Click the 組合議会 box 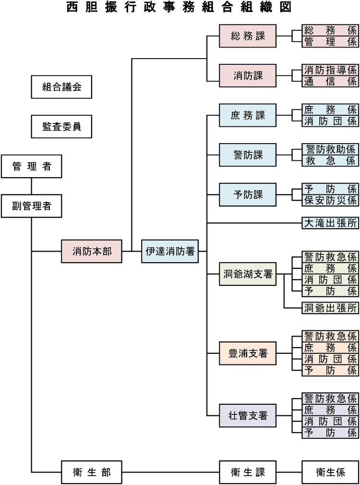[61, 87]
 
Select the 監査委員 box [61, 126]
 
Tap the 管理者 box [31, 167]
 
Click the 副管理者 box [31, 206]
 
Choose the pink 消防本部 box [91, 251]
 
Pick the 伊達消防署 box [170, 251]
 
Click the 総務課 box [248, 36]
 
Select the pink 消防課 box [248, 75]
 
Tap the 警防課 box [248, 155]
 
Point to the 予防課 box [248, 194]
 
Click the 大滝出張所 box [330, 223]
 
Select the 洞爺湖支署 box [248, 274]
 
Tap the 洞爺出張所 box [330, 308]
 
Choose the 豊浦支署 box [248, 353]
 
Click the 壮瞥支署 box [248, 415]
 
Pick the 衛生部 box [91, 472]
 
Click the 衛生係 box [330, 472]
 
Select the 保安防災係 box [330, 200]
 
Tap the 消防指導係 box [330, 70]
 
